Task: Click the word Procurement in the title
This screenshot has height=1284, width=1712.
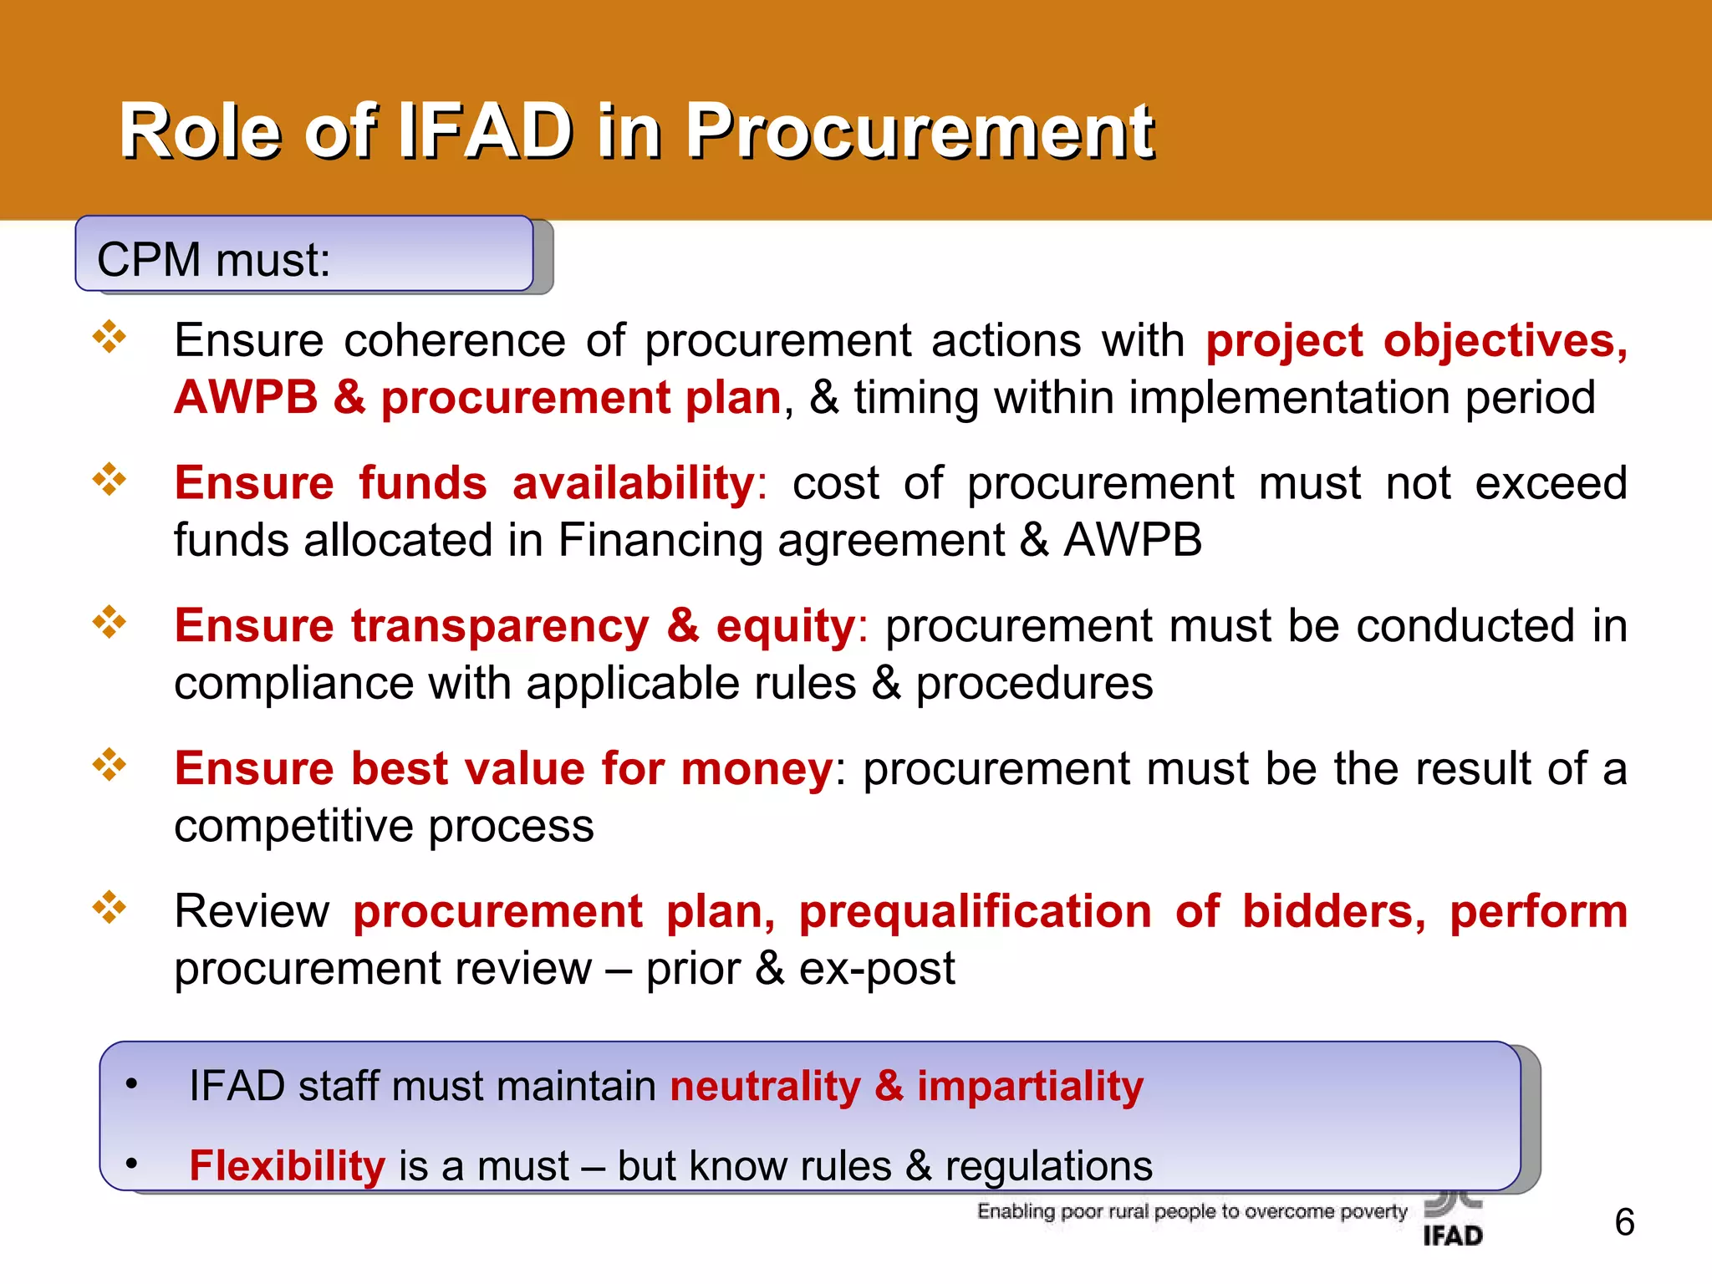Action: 920,131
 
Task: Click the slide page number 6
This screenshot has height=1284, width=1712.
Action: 1624,1222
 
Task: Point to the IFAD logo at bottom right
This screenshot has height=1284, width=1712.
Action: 1453,1220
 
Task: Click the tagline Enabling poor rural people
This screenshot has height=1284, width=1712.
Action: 1192,1211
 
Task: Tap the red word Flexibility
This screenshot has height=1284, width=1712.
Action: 287,1165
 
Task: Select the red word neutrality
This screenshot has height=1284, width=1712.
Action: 765,1087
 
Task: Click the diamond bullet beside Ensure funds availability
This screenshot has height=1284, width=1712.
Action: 110,480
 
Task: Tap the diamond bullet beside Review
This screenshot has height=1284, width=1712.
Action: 110,907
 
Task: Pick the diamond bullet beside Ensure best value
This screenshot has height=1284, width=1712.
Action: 110,764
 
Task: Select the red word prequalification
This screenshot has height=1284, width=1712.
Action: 975,911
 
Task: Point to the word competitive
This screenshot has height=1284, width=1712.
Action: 293,827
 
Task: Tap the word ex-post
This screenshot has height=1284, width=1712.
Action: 876,969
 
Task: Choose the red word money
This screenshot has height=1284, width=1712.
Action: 757,768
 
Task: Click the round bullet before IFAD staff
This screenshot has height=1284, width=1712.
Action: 131,1084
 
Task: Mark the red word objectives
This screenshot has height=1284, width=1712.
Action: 1505,341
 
